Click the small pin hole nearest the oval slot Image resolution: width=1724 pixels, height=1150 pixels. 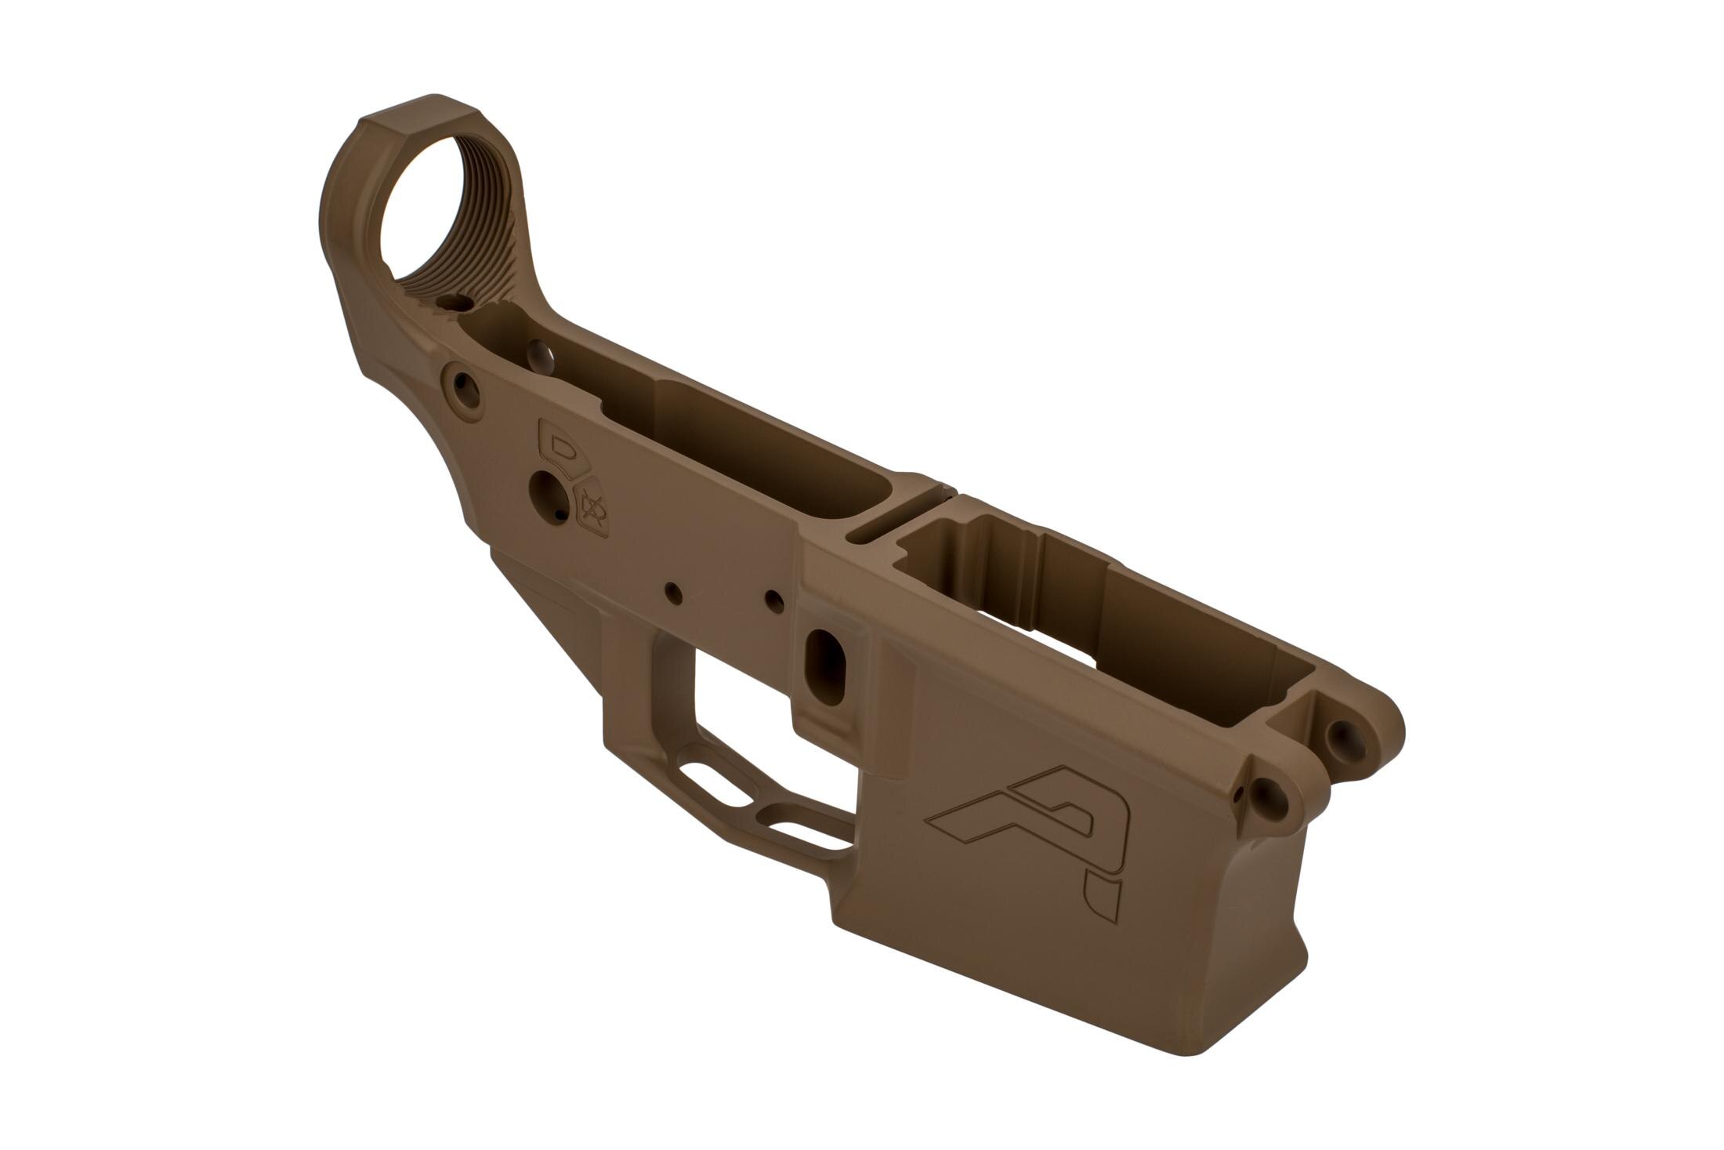click(x=774, y=600)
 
